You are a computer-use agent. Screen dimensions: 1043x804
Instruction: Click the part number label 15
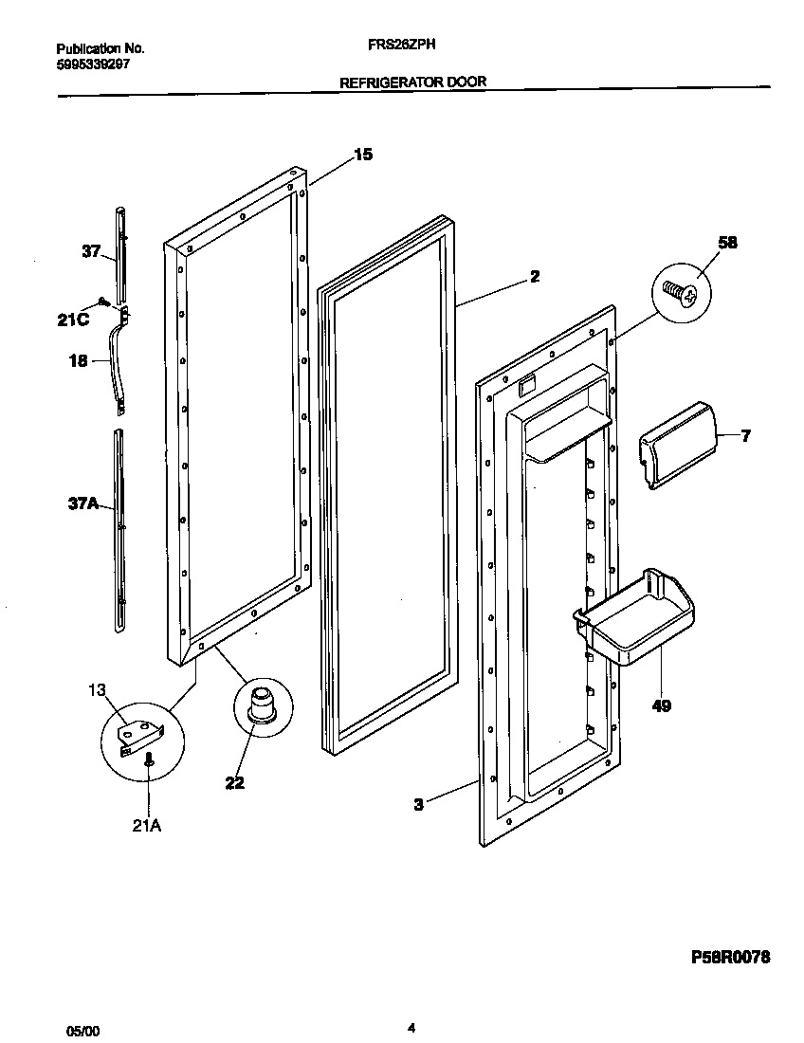click(x=363, y=156)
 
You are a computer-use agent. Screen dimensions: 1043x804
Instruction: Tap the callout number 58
click(x=727, y=242)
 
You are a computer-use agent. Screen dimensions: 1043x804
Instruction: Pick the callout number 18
click(x=78, y=360)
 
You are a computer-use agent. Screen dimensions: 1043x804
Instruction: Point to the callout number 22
click(x=234, y=782)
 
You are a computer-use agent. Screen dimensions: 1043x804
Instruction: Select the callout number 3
click(x=417, y=804)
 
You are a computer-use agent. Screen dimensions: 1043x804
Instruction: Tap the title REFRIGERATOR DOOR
click(x=412, y=82)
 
